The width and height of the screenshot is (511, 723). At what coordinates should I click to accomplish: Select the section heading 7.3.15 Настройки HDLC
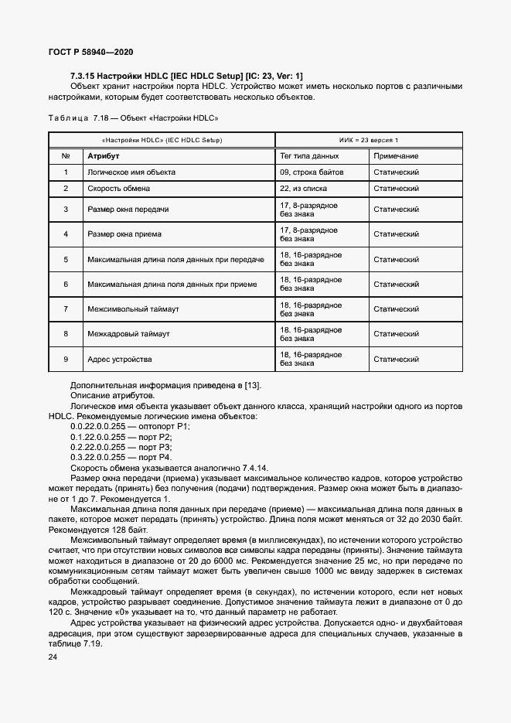tap(186, 75)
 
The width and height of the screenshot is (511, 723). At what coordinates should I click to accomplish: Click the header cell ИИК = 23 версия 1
tap(369, 140)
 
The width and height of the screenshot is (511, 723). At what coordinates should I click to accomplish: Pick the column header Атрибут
tap(103, 156)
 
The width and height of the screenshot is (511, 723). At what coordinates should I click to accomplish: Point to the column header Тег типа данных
tap(310, 156)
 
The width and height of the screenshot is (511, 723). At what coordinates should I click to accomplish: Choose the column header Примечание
tap(396, 156)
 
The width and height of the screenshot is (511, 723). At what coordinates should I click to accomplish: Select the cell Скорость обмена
tap(118, 188)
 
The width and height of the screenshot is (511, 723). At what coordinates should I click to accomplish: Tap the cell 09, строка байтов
tap(312, 172)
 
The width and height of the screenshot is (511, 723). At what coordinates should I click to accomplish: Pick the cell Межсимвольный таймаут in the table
tap(133, 309)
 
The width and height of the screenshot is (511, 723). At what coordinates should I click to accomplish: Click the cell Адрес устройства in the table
tap(120, 359)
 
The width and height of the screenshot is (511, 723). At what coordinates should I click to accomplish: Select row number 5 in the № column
tap(66, 259)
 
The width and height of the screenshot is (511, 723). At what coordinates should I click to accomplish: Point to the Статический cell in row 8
tap(396, 334)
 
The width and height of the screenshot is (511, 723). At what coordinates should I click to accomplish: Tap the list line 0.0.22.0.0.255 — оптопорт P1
tap(129, 426)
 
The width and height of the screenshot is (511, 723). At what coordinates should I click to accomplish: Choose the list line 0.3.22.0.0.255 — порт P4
tap(121, 458)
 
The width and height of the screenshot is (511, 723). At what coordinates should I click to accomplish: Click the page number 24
tap(53, 657)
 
